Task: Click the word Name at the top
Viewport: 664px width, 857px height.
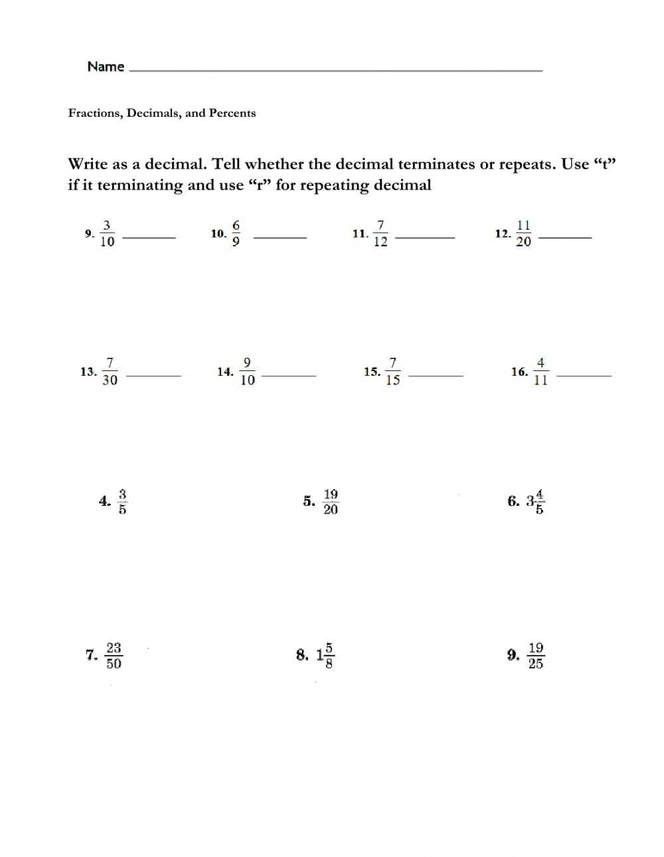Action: (106, 66)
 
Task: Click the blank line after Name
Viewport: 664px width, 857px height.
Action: (335, 69)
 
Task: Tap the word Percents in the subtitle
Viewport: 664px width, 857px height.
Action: (232, 113)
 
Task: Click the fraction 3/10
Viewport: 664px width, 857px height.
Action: (107, 233)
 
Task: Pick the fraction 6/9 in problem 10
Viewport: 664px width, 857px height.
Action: (236, 233)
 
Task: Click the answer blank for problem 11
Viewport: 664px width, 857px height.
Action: (425, 236)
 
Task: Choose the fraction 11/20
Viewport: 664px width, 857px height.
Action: (523, 233)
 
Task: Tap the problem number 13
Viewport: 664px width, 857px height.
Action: (88, 372)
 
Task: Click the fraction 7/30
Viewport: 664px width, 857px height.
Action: (110, 372)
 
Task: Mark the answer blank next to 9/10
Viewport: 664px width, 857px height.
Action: (290, 375)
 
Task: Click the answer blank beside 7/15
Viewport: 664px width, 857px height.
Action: (436, 375)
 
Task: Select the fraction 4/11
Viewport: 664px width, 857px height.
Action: (540, 372)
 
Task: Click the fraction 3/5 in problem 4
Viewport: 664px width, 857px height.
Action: (123, 502)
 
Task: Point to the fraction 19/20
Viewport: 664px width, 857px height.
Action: (331, 502)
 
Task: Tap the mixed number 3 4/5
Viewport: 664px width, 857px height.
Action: (535, 502)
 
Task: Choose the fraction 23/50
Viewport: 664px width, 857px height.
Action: (114, 655)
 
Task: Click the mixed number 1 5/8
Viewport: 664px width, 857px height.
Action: (325, 655)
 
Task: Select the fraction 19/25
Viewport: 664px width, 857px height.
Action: (536, 655)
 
